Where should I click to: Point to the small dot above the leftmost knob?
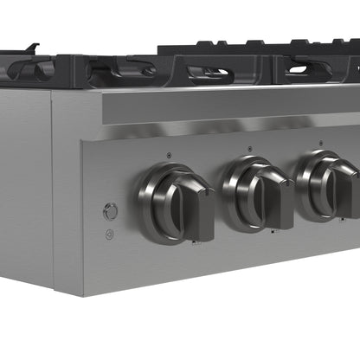[x=168, y=156]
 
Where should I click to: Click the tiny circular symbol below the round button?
[x=110, y=234]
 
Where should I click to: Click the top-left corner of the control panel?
[x=84, y=144]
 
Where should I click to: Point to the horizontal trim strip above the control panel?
[x=225, y=108]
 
